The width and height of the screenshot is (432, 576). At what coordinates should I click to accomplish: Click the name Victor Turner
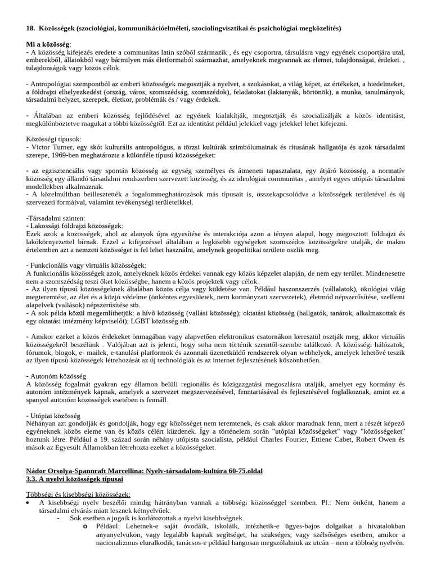coord(51,147)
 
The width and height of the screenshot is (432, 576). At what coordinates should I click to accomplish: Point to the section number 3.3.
coord(33,479)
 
